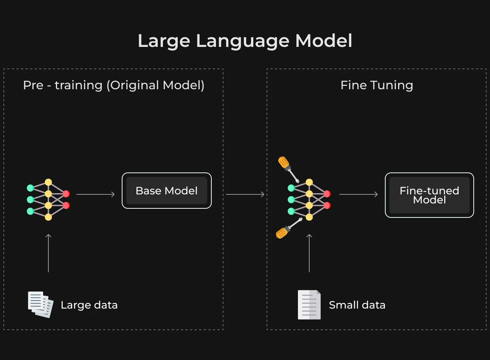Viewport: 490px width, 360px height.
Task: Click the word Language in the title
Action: coord(243,42)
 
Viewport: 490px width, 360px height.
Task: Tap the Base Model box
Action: coord(167,191)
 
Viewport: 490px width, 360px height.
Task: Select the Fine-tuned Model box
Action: coord(430,195)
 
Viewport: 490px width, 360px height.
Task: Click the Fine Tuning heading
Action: coord(377,85)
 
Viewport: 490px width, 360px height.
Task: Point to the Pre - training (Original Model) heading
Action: coord(114,85)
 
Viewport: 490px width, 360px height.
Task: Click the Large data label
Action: coord(89,305)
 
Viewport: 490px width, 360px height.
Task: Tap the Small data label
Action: coord(357,305)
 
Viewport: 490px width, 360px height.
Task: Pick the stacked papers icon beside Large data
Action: coord(41,304)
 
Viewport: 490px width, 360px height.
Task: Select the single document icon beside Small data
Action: coord(309,305)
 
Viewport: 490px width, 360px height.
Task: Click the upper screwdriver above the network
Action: coord(288,169)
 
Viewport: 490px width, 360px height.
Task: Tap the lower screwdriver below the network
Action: coord(289,228)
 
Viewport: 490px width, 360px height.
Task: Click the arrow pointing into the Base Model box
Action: coord(96,194)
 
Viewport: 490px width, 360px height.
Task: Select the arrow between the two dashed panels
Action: coord(245,194)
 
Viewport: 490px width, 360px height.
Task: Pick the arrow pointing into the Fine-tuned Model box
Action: coord(358,194)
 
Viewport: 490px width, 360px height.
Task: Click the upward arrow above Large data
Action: coord(48,253)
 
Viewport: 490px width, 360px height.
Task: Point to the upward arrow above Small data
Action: coord(309,253)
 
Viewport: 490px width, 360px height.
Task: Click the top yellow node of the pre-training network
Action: coord(48,182)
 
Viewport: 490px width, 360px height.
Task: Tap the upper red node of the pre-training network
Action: coord(66,194)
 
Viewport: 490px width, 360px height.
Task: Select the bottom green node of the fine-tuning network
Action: coord(291,211)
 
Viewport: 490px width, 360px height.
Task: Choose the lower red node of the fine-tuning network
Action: coord(327,205)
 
